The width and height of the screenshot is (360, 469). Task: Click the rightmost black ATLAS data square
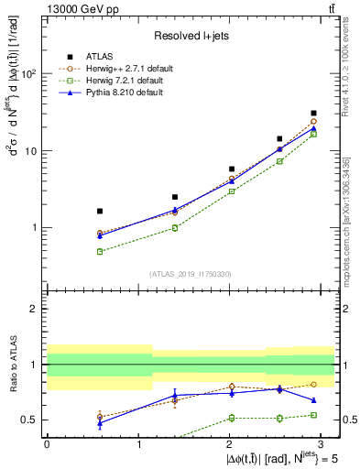[x=313, y=114]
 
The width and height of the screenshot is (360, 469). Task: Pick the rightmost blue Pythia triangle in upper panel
[x=313, y=129]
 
